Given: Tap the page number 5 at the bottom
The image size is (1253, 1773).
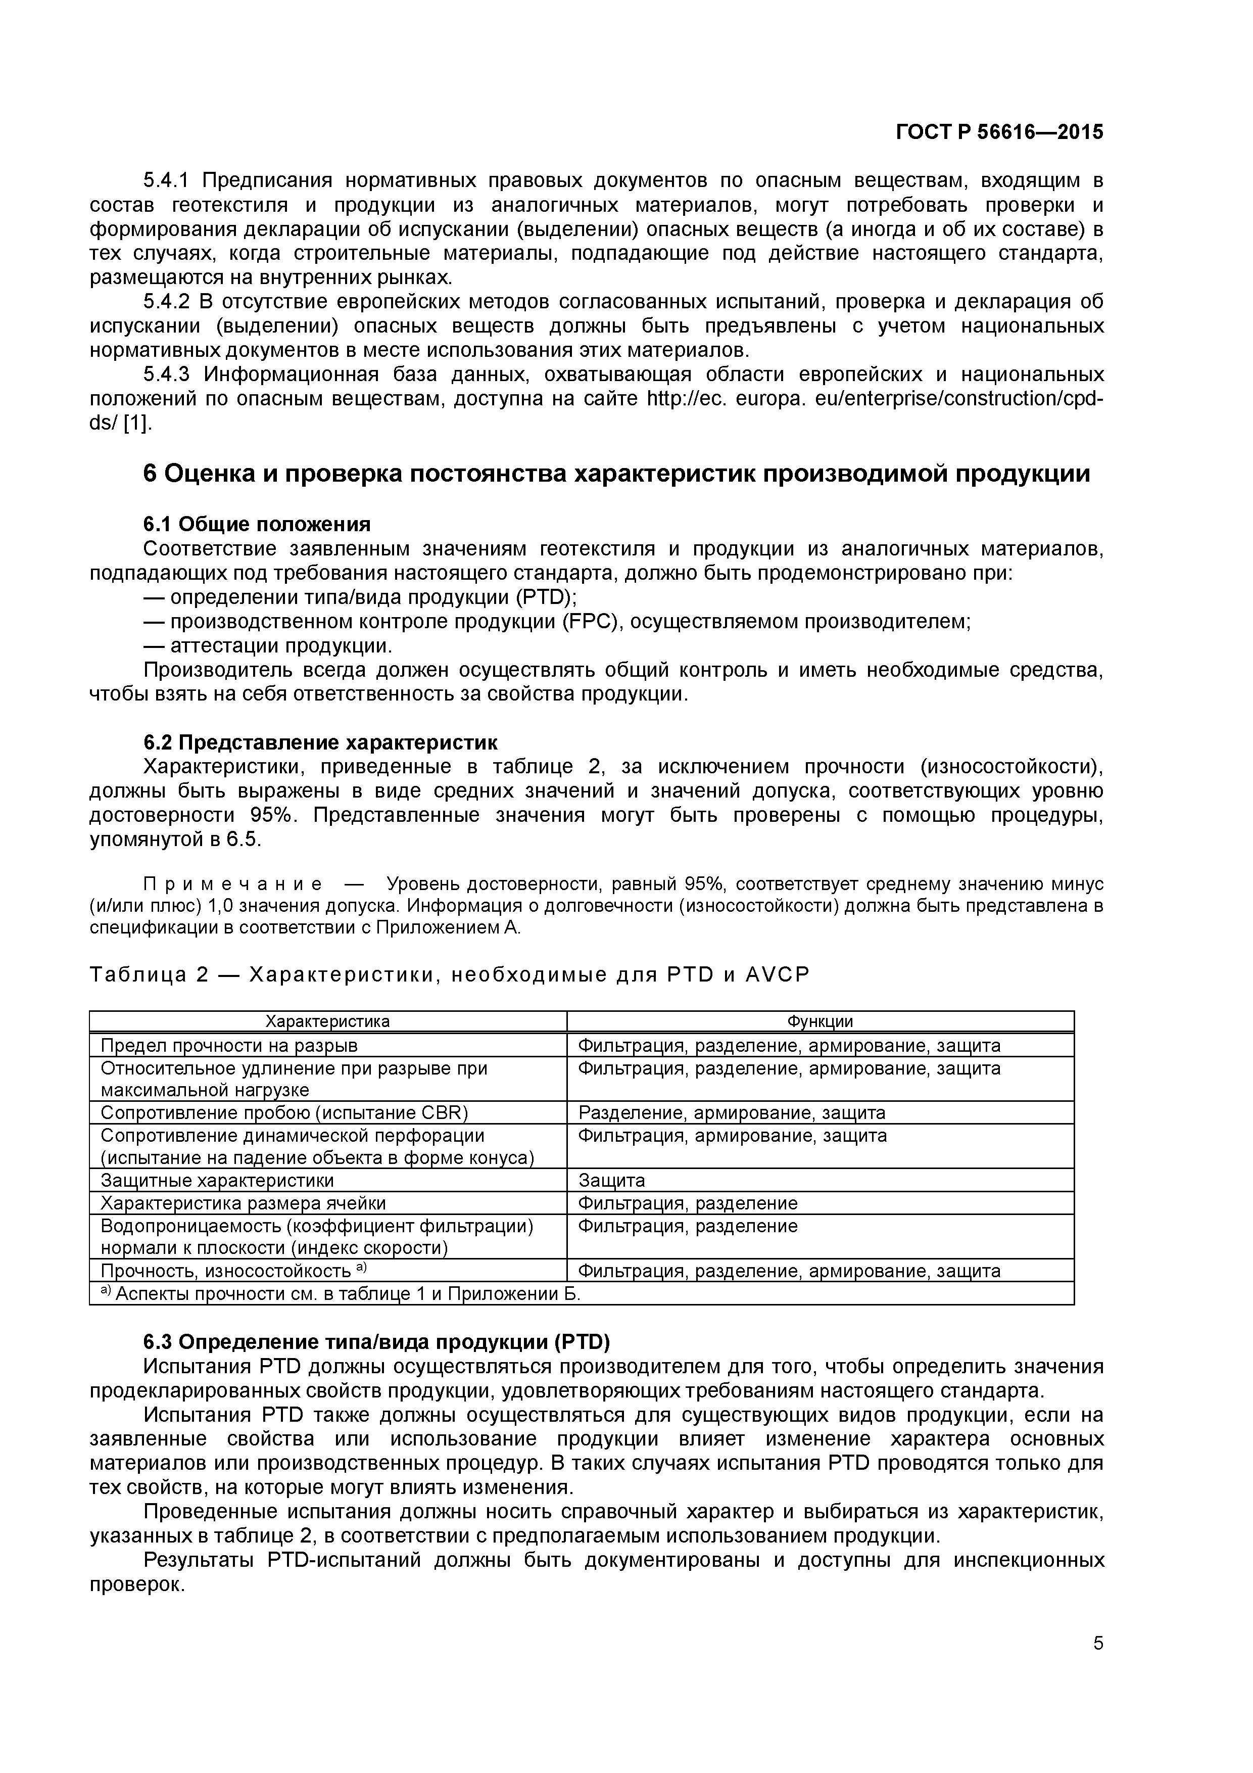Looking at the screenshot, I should click(x=1098, y=1665).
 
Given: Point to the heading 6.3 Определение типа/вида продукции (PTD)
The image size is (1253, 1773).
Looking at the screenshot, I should click(x=377, y=1341).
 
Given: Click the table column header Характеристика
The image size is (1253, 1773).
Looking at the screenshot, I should click(x=327, y=1021).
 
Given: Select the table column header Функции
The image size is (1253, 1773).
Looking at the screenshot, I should click(x=820, y=1021).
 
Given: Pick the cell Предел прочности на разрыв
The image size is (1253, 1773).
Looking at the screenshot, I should click(x=229, y=1046).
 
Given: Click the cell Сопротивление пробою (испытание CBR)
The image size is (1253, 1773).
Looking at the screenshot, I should click(x=284, y=1113).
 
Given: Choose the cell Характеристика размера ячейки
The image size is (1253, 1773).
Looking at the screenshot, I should click(x=243, y=1203).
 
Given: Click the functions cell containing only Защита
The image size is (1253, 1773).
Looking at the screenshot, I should click(x=611, y=1180).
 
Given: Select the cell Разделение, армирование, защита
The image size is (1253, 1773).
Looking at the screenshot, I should click(x=731, y=1113).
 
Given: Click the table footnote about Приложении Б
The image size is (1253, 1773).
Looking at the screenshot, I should click(x=340, y=1293).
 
